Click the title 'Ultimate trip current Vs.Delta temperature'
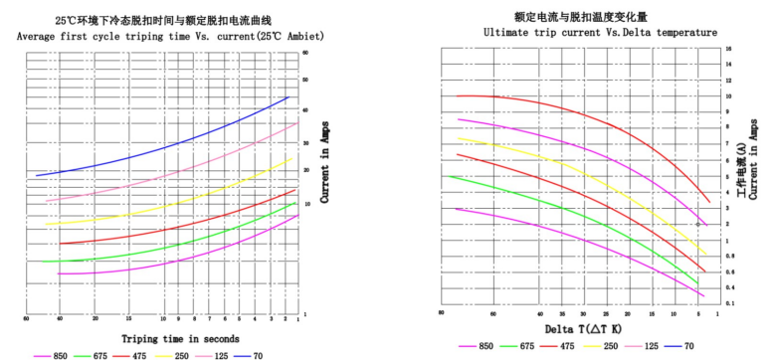(600, 33)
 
